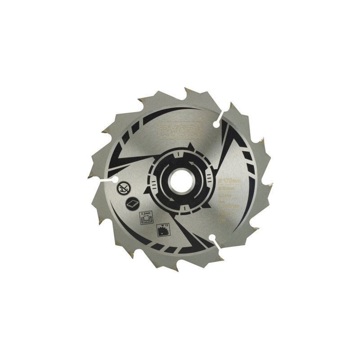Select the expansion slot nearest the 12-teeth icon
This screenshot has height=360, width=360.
215,241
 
